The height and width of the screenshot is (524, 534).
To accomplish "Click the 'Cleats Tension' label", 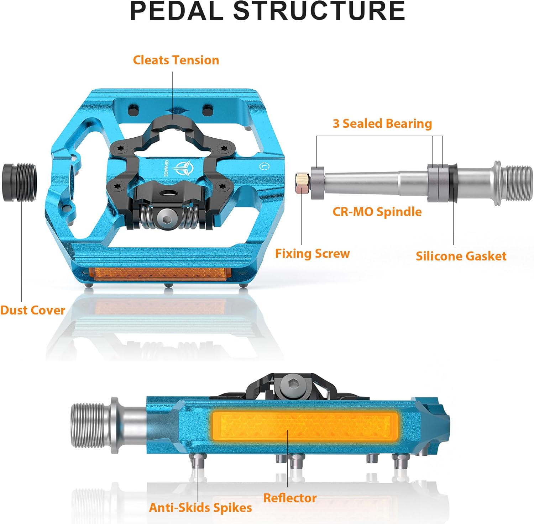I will tap(176, 60).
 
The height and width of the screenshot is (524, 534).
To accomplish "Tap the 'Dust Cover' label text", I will tap(32, 310).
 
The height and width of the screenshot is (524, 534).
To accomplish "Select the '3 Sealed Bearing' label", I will tap(382, 123).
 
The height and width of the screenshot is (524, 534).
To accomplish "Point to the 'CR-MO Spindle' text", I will tap(377, 212).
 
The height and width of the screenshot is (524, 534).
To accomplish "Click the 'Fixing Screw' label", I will tap(312, 254).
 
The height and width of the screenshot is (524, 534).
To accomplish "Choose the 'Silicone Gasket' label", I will tap(461, 256).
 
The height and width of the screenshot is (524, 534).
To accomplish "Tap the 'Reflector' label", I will tap(290, 498).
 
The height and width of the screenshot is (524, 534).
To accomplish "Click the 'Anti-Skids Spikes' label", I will tap(200, 508).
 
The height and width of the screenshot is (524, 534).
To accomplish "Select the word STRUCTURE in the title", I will tap(319, 11).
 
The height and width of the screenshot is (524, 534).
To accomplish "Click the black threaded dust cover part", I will tap(20, 182).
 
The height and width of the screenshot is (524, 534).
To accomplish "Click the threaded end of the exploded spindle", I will tap(518, 183).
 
